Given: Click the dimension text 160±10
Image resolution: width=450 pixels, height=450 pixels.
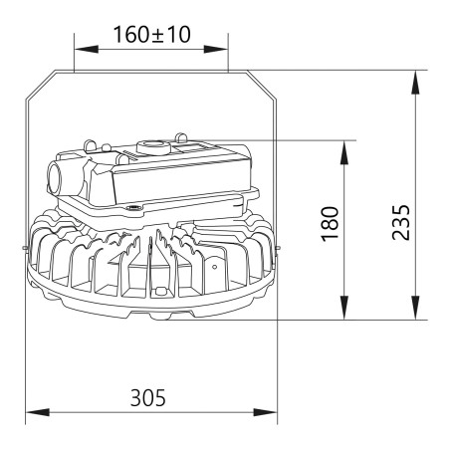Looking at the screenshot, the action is point(152,35).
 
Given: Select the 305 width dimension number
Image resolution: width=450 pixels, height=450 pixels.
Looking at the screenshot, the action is point(147,398).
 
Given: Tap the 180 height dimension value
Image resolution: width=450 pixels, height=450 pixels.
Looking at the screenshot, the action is point(331,224).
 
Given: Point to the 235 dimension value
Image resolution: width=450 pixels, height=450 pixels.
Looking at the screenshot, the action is point(401,222).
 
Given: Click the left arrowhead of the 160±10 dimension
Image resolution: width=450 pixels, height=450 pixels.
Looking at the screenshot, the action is point(87,50).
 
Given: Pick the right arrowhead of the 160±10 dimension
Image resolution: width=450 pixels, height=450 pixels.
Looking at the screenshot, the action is point(216,50).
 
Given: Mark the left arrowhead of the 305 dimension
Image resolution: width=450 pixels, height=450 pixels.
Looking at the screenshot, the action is point(38,412).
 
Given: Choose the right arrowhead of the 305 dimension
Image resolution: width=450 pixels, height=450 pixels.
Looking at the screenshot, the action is point(265,412).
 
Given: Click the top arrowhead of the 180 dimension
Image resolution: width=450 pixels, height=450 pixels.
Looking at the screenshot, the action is point(344,152).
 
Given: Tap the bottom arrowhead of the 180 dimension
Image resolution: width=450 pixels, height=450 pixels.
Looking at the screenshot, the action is point(344,308).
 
